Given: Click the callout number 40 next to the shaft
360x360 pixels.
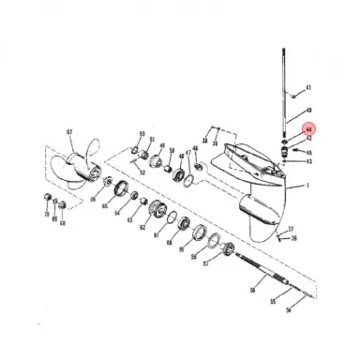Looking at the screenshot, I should point(308,111).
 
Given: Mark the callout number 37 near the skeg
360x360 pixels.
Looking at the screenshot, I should point(292,228).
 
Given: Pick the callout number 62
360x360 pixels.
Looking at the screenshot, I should point(142,228).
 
